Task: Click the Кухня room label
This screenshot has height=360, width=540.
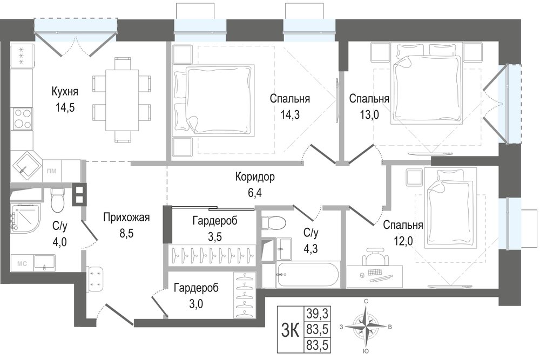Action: point(65,92)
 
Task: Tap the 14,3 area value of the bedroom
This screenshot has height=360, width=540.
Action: point(289,114)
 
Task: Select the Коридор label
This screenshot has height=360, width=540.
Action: point(255,177)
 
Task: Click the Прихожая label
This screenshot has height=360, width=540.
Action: point(126,218)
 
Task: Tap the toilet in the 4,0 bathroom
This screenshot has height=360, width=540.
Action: point(58,201)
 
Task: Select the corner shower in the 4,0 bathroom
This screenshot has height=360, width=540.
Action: point(25,219)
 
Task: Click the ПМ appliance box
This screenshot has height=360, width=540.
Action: point(52,171)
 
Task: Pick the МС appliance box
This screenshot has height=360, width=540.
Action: point(22,264)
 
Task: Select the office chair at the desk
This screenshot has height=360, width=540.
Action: point(375,257)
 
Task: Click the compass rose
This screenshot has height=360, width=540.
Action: point(367,326)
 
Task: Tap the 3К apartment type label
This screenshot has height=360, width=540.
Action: point(290,330)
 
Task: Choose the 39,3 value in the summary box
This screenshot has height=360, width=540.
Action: point(317,314)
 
